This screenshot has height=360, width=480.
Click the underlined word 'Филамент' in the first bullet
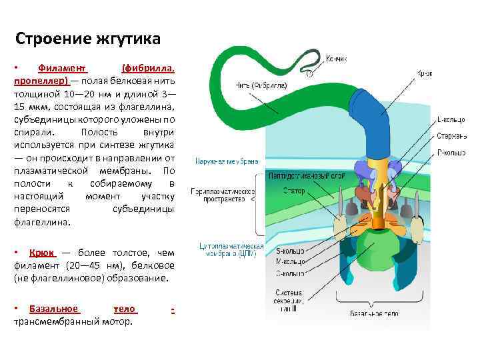63,68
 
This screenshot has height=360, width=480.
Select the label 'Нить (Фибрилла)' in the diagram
261,85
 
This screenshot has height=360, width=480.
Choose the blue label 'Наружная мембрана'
227,161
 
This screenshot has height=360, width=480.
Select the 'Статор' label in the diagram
294,191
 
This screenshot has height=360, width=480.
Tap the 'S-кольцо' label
289,251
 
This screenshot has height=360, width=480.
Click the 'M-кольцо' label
289,262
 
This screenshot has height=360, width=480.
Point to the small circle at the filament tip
309,74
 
